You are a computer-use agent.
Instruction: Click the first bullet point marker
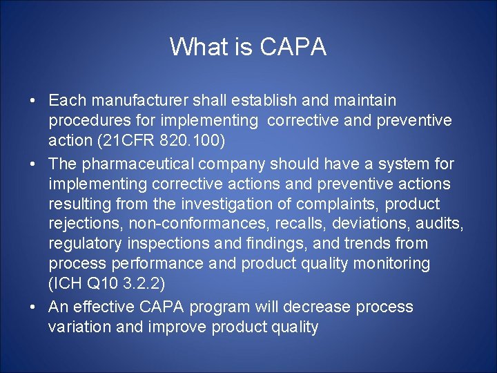pos(33,102)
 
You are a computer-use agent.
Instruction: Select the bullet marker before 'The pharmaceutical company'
pos(33,164)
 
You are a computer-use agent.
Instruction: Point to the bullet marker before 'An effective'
pos(33,307)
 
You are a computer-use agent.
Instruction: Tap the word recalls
pos(293,224)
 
